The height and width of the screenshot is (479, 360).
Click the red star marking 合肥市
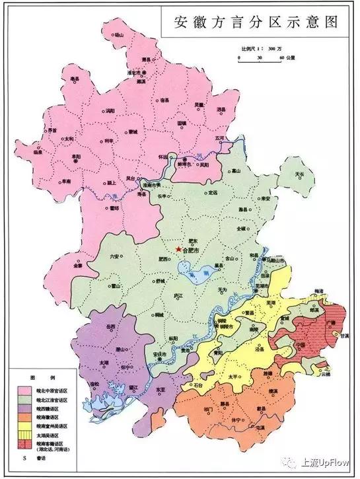click(x=178, y=249)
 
